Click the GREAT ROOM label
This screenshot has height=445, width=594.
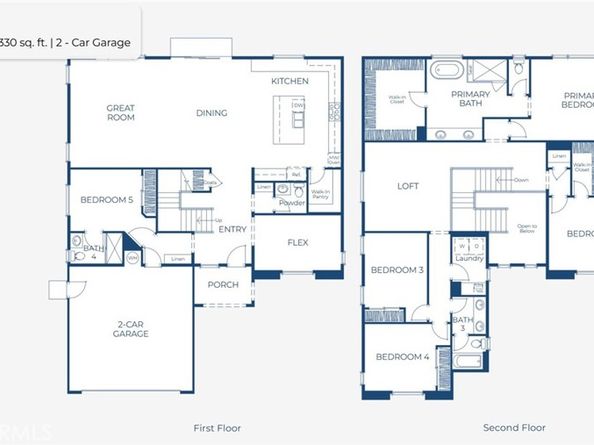(x=121, y=112)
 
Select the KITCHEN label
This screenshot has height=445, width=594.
(x=289, y=81)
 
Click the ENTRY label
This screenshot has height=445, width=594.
(x=232, y=229)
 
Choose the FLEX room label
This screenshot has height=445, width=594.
(x=298, y=243)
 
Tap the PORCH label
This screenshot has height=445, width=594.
(x=222, y=284)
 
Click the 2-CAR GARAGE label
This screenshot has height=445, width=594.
(x=130, y=329)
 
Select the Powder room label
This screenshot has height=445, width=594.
(x=292, y=203)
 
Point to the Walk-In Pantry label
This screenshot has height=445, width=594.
(x=321, y=194)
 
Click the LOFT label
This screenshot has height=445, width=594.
(x=408, y=185)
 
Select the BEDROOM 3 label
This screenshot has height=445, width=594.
(x=398, y=270)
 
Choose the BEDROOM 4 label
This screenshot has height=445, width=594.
(x=402, y=357)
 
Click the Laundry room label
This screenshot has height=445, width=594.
(x=469, y=258)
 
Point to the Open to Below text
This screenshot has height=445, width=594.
(x=527, y=228)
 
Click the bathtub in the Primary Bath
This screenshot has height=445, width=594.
(x=446, y=71)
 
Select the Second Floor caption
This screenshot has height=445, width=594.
(x=512, y=427)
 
